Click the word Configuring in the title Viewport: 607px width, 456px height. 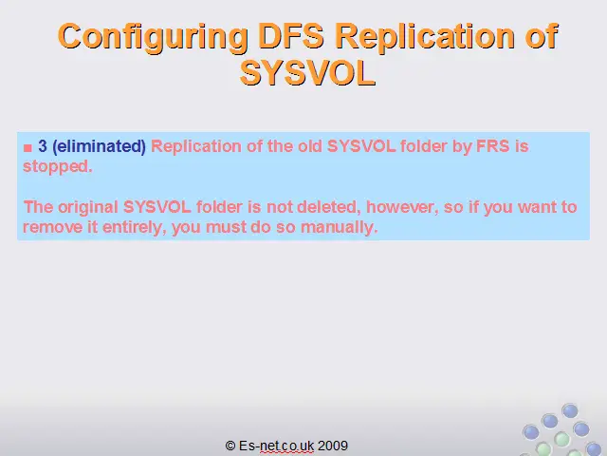tap(153, 37)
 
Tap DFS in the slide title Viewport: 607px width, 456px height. tap(291, 36)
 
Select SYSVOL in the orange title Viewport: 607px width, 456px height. tap(307, 73)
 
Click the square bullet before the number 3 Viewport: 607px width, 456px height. tap(28, 148)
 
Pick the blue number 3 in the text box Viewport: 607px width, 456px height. tap(43, 146)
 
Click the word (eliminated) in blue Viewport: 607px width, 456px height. tap(99, 146)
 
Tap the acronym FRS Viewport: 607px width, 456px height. tap(492, 146)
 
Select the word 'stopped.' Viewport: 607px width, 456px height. tap(58, 167)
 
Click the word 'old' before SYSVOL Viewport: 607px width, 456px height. tap(310, 146)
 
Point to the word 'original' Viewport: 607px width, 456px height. tap(88, 207)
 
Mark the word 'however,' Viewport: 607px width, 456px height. tap(402, 207)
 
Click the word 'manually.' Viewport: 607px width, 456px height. tap(339, 227)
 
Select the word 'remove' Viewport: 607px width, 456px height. tap(53, 228)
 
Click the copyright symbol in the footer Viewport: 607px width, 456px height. tap(230, 446)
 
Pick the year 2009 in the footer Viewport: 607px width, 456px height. tap(333, 446)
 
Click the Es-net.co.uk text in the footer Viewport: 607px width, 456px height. tap(276, 446)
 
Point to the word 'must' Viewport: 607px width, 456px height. tap(226, 228)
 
